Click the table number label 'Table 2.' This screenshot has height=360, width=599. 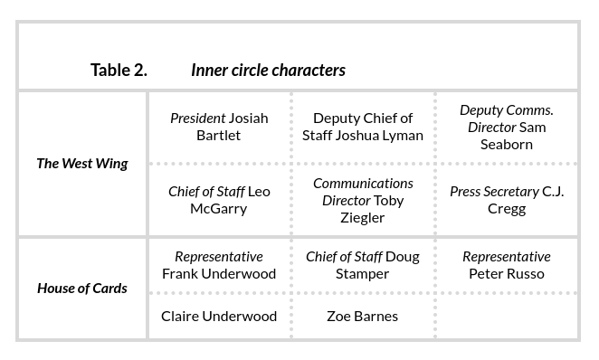pos(119,70)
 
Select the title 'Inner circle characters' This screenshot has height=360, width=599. pos(268,70)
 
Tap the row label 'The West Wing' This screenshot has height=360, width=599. pos(82,164)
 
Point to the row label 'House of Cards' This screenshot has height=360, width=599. pos(82,289)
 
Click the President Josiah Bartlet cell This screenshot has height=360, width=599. pos(219,127)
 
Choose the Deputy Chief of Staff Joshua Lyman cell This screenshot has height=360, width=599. pos(363,127)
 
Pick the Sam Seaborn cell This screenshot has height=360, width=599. pos(507,127)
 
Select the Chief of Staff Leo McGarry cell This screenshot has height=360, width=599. pos(219,200)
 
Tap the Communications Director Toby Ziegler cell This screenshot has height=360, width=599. pos(363,200)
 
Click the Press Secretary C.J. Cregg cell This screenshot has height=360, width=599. pos(507,200)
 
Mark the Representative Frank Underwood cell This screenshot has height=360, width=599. pos(219,265)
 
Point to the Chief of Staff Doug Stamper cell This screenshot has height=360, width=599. pos(363,265)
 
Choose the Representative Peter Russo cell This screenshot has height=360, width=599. pos(507,265)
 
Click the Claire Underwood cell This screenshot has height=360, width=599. pos(219,317)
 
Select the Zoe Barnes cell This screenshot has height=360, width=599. pos(363,317)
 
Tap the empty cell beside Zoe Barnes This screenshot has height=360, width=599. pos(507,317)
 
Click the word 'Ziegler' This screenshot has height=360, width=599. pos(363,217)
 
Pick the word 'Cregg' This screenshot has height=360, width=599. pos(507,209)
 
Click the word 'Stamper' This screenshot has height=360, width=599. pos(363,274)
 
